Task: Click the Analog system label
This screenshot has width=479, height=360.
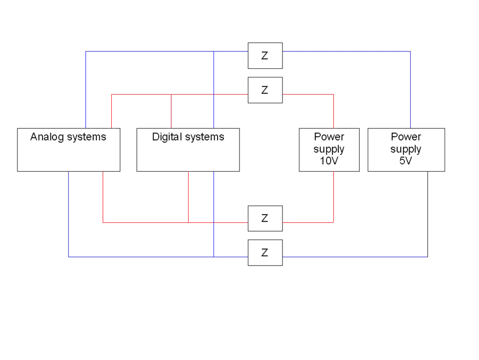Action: pyautogui.click(x=68, y=137)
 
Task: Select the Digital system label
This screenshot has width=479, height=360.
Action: pyautogui.click(x=191, y=137)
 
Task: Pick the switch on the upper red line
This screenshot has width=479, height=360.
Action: pyautogui.click(x=265, y=90)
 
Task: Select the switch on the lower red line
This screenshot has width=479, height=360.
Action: pyautogui.click(x=265, y=218)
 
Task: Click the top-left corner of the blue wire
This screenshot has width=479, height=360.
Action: pyautogui.click(x=86, y=51)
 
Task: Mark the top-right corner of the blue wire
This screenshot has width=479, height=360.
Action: pyautogui.click(x=410, y=51)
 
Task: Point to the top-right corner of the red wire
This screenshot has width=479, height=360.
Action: pyautogui.click(x=333, y=94)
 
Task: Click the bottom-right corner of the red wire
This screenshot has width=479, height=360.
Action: pyautogui.click(x=333, y=221)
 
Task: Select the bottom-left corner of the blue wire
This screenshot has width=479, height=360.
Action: pyautogui.click(x=69, y=257)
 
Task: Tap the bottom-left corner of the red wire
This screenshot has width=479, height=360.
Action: pyautogui.click(x=102, y=221)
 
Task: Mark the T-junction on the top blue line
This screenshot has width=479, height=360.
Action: pyautogui.click(x=214, y=51)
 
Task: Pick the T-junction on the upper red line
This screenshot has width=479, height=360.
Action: pyautogui.click(x=171, y=94)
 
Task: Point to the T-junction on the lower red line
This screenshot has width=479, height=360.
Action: pyautogui.click(x=189, y=221)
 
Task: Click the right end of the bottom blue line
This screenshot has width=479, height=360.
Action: pyautogui.click(x=426, y=257)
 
